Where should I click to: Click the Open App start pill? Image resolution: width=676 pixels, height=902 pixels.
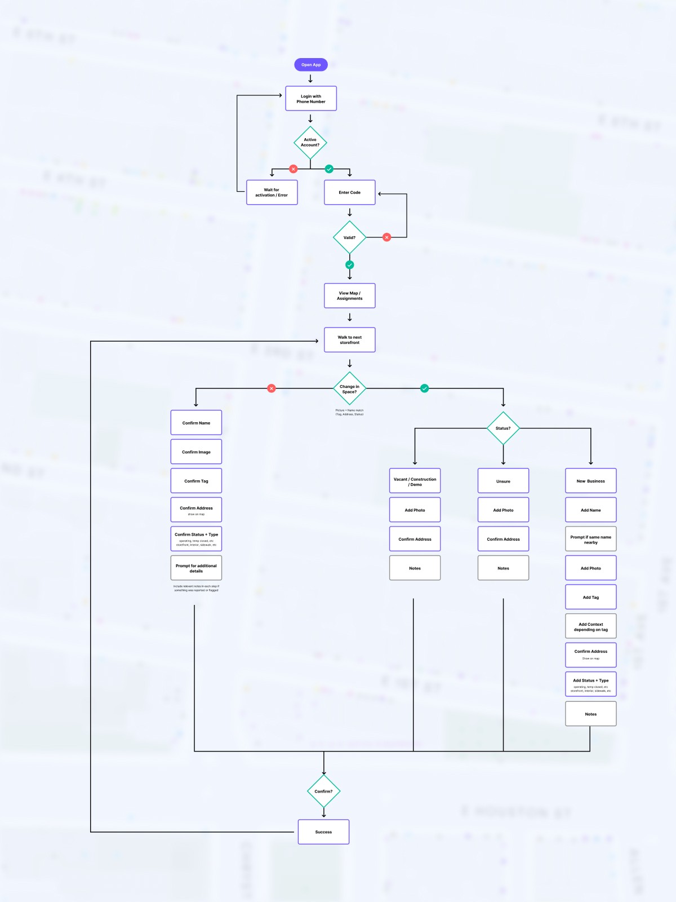(x=310, y=65)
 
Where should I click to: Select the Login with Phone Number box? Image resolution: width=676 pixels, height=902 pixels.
(x=311, y=99)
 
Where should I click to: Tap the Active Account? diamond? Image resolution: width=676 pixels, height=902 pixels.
(x=310, y=143)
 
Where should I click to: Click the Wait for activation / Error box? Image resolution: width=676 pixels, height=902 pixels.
(x=272, y=192)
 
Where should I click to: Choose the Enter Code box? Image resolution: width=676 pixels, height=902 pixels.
(x=349, y=192)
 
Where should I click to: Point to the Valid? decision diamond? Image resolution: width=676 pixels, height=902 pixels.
(x=349, y=237)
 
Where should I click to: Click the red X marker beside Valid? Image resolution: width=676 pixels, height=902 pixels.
(x=386, y=237)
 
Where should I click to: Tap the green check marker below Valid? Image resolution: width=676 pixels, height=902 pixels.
(x=349, y=265)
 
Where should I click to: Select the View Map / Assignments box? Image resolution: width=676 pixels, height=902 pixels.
(x=349, y=295)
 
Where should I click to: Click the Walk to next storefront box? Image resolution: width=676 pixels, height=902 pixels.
(x=349, y=340)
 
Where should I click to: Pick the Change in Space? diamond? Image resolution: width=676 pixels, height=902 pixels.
(x=349, y=388)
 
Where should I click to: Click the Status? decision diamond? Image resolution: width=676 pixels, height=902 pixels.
(x=503, y=428)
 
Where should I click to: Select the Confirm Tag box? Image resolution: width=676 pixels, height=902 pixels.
(x=196, y=481)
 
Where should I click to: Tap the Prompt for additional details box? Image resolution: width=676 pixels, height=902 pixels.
(x=196, y=568)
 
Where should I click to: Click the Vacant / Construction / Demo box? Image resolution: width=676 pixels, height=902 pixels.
(x=415, y=481)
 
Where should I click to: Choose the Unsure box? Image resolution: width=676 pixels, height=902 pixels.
(x=503, y=481)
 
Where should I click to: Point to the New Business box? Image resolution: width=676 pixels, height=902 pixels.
(x=590, y=481)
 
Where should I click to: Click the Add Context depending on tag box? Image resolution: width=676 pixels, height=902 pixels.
(x=590, y=626)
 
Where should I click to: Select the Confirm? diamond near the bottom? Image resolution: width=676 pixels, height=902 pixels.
(x=323, y=791)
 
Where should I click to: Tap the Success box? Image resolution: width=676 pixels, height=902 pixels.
(x=323, y=832)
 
